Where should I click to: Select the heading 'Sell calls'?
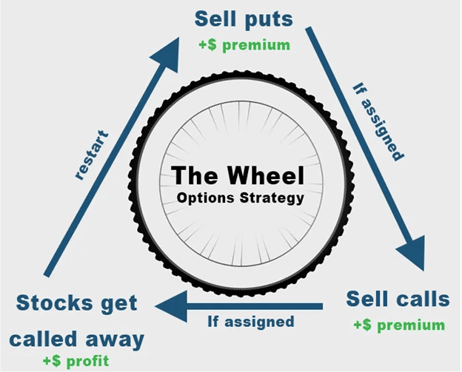398,300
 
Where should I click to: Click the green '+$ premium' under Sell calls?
399,325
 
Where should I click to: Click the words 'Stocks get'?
77,303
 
